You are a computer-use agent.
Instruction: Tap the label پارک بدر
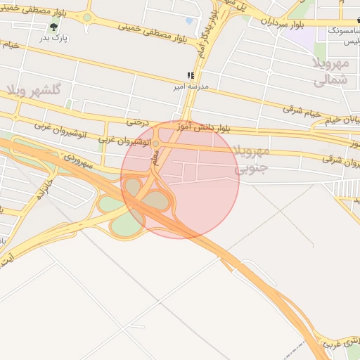(x=54, y=38)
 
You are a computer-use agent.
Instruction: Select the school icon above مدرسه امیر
(x=189, y=75)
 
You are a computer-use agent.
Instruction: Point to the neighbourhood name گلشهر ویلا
(x=35, y=90)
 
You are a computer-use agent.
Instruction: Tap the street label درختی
(x=138, y=122)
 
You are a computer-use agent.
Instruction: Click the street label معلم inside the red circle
(x=155, y=159)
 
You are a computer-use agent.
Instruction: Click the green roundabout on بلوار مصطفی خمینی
(x=86, y=17)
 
